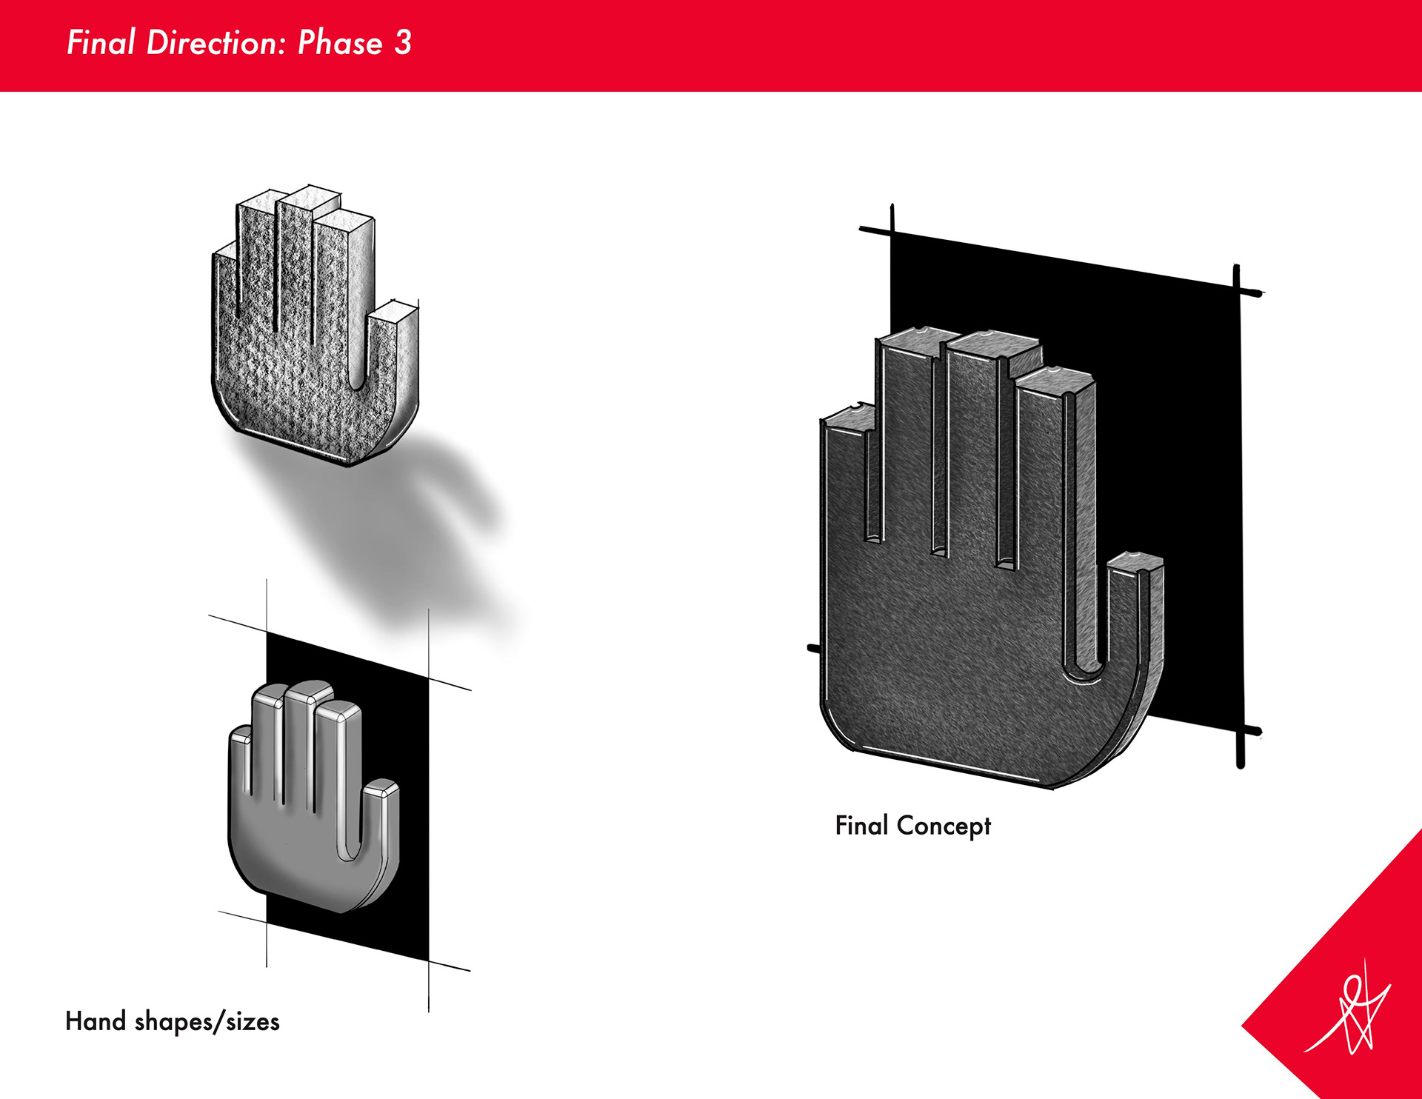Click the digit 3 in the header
tap(403, 43)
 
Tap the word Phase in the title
tap(340, 43)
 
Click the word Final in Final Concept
tap(861, 825)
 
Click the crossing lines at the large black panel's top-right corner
tap(1237, 290)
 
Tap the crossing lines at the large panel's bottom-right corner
tap(1241, 732)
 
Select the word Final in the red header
tap(101, 43)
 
